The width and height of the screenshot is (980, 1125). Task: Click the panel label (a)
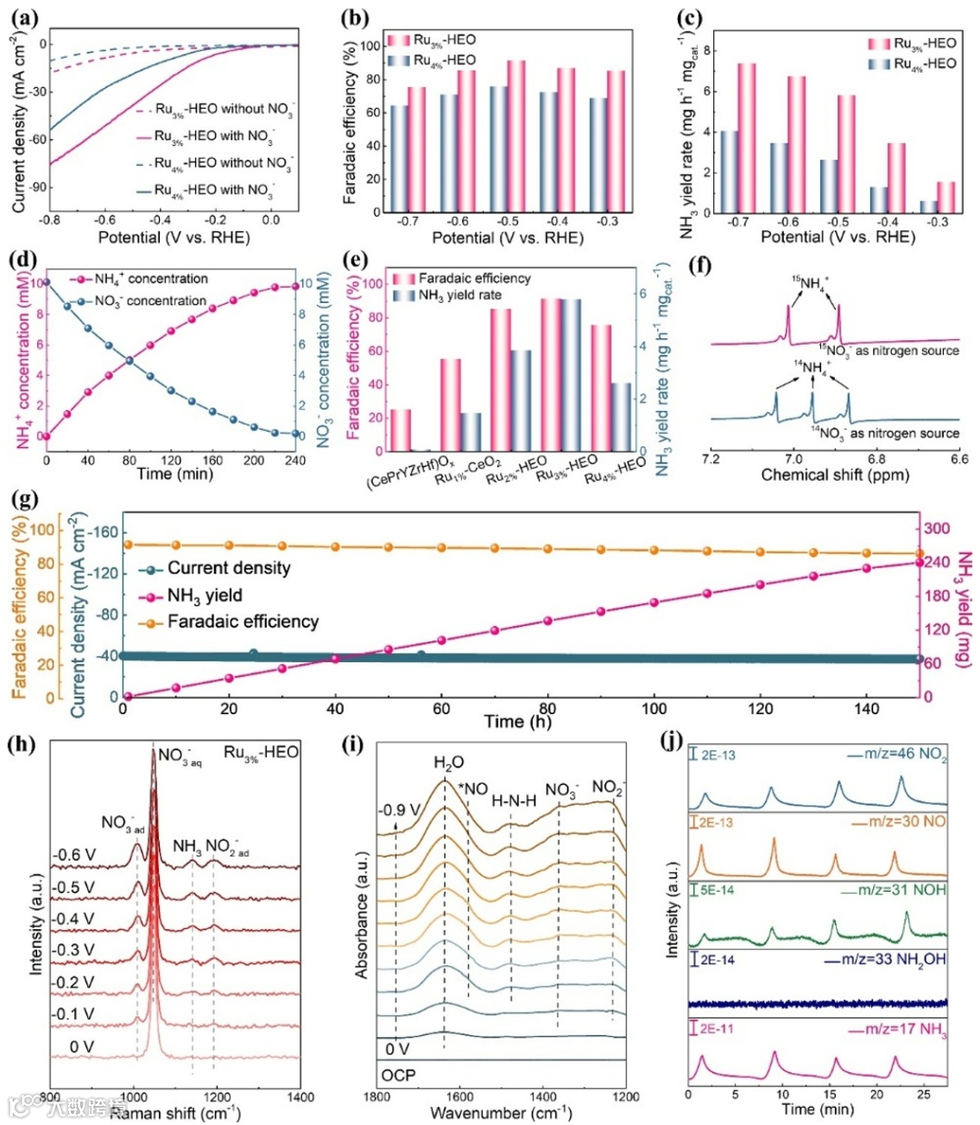pos(24,15)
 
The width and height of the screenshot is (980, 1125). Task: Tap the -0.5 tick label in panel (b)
pos(507,222)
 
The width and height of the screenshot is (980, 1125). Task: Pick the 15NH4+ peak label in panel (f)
pos(811,283)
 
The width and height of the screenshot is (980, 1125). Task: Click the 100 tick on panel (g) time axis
pos(654,709)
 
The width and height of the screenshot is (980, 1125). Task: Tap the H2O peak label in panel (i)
pos(445,764)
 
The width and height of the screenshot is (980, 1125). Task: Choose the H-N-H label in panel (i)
pos(514,801)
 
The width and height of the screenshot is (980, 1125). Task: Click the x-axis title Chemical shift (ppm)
pos(835,474)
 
